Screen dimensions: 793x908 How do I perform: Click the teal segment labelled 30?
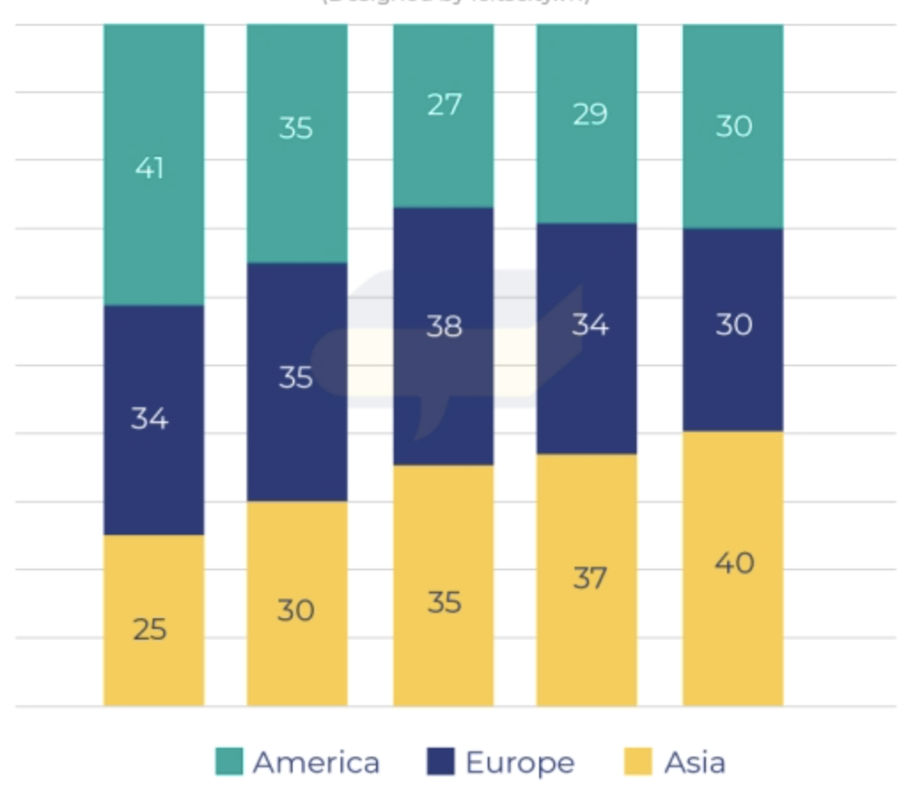coord(732,126)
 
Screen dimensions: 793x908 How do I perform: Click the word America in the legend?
coord(316,762)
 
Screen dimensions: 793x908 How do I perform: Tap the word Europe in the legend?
coord(520,762)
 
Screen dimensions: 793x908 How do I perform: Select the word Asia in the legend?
coord(694,762)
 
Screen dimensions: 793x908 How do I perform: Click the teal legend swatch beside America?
coord(229,761)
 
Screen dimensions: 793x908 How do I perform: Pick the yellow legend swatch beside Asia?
coord(638,761)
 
